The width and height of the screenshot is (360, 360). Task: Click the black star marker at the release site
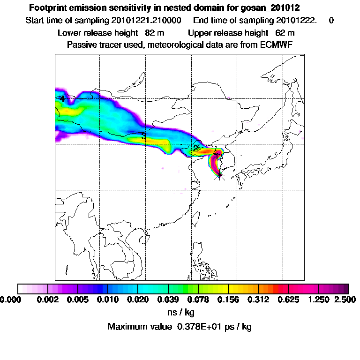click(219, 175)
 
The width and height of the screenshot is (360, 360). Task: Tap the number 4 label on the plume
click(62, 99)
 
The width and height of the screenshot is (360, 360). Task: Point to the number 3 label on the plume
click(144, 136)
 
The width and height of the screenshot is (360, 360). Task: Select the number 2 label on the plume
click(195, 149)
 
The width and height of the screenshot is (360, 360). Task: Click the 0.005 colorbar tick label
click(77, 299)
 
